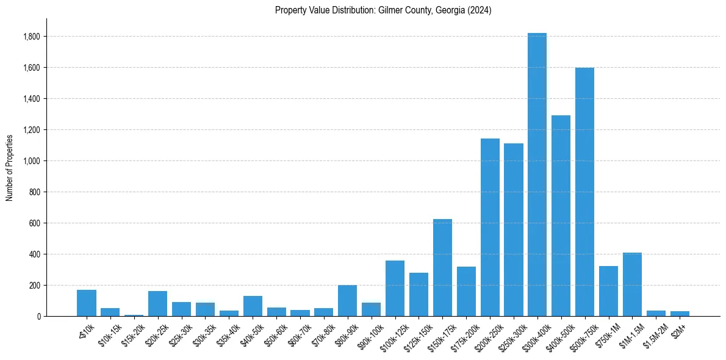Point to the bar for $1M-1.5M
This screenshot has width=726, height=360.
click(632, 284)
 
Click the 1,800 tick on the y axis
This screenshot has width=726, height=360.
click(32, 37)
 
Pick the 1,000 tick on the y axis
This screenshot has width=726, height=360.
click(32, 161)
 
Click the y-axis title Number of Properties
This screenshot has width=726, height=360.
click(9, 167)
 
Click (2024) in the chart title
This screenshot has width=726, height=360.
click(479, 10)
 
